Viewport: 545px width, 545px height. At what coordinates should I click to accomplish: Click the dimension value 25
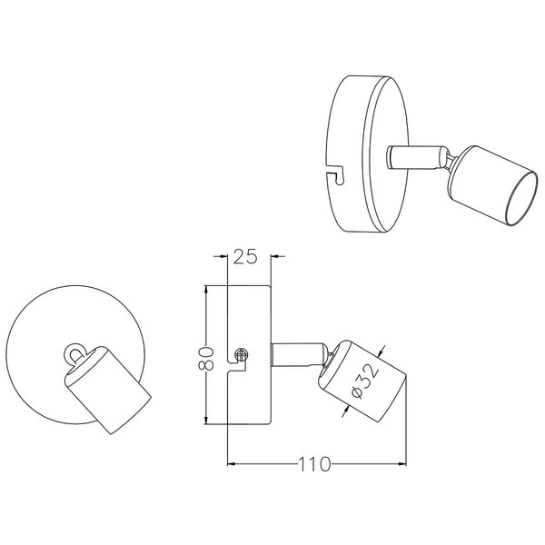pos(245,257)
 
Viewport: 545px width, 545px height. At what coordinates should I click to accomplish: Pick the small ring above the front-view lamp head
pos(72,352)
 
